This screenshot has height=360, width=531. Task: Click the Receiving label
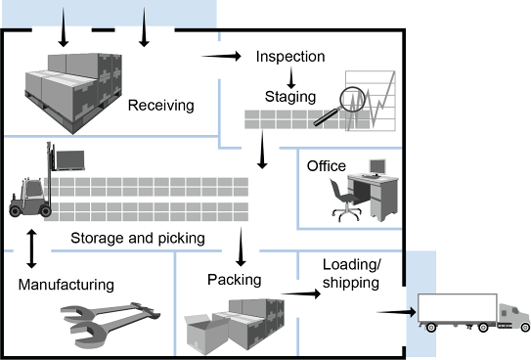pos(160,106)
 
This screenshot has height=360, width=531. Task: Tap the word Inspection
pos(290,57)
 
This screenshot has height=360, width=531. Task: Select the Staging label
pos(290,97)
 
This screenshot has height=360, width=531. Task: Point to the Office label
pos(327,166)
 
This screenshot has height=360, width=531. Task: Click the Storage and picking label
pos(138,238)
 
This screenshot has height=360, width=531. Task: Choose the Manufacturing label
pos(66,285)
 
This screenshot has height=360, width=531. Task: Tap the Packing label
pos(235,280)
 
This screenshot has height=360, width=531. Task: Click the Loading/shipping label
pos(351,274)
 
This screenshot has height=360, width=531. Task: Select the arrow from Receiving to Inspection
pos(221,56)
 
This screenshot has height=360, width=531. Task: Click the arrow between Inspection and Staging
pos(290,78)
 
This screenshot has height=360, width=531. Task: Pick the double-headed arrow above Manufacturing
pos(32,248)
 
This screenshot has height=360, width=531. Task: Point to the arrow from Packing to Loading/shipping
pos(301,293)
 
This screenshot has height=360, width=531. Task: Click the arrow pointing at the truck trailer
pos(397,312)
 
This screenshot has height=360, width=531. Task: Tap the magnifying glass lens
pos(352,100)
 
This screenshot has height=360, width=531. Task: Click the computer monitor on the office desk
pos(377,166)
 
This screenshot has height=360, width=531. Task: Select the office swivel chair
pos(345,201)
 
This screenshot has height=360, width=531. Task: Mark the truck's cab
pos(513,316)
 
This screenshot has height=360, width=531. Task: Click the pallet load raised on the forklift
pos(70,160)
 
